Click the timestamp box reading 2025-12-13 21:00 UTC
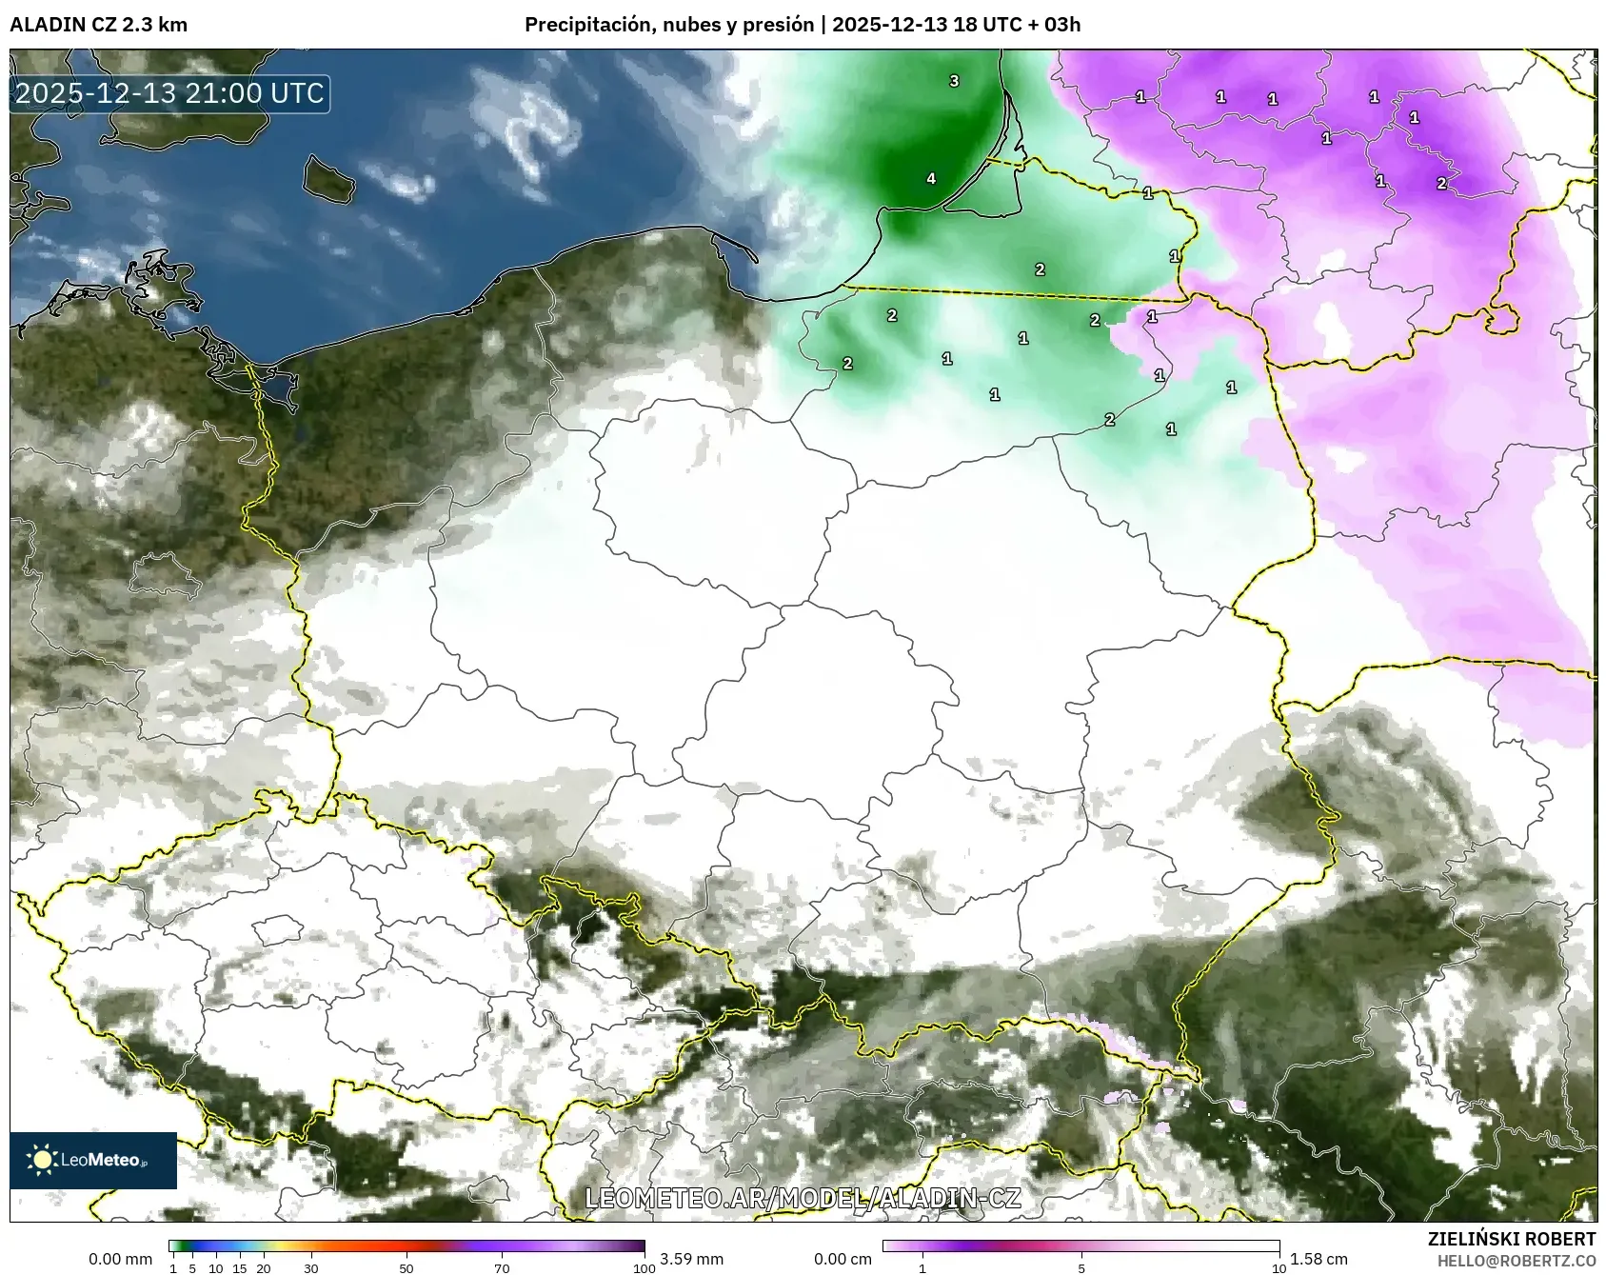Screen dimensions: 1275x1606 (x=169, y=93)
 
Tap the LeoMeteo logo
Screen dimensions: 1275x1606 (x=92, y=1160)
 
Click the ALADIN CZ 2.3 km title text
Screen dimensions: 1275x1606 (x=98, y=25)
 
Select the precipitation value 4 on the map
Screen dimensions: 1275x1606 (x=931, y=178)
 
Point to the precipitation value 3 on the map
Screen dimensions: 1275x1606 (x=954, y=81)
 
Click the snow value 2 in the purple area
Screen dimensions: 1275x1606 (x=1441, y=183)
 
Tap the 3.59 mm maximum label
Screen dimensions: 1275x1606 (x=691, y=1259)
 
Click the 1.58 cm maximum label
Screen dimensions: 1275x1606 (x=1319, y=1259)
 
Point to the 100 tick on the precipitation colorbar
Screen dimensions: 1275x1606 (x=644, y=1267)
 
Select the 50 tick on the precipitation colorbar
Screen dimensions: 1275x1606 (x=406, y=1267)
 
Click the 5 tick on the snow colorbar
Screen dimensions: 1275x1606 (x=1081, y=1267)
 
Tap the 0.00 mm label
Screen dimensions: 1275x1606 (x=120, y=1259)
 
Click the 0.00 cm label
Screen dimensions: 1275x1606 (x=843, y=1259)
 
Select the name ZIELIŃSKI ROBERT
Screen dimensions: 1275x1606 (x=1512, y=1239)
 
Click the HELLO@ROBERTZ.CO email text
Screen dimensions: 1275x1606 (x=1517, y=1261)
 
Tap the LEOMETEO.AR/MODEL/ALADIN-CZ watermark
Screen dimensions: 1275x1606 (x=803, y=1198)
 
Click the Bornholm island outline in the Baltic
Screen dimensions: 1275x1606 (x=328, y=178)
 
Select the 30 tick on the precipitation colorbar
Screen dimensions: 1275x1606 (x=311, y=1267)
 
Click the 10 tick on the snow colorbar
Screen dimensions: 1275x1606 (x=1279, y=1267)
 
